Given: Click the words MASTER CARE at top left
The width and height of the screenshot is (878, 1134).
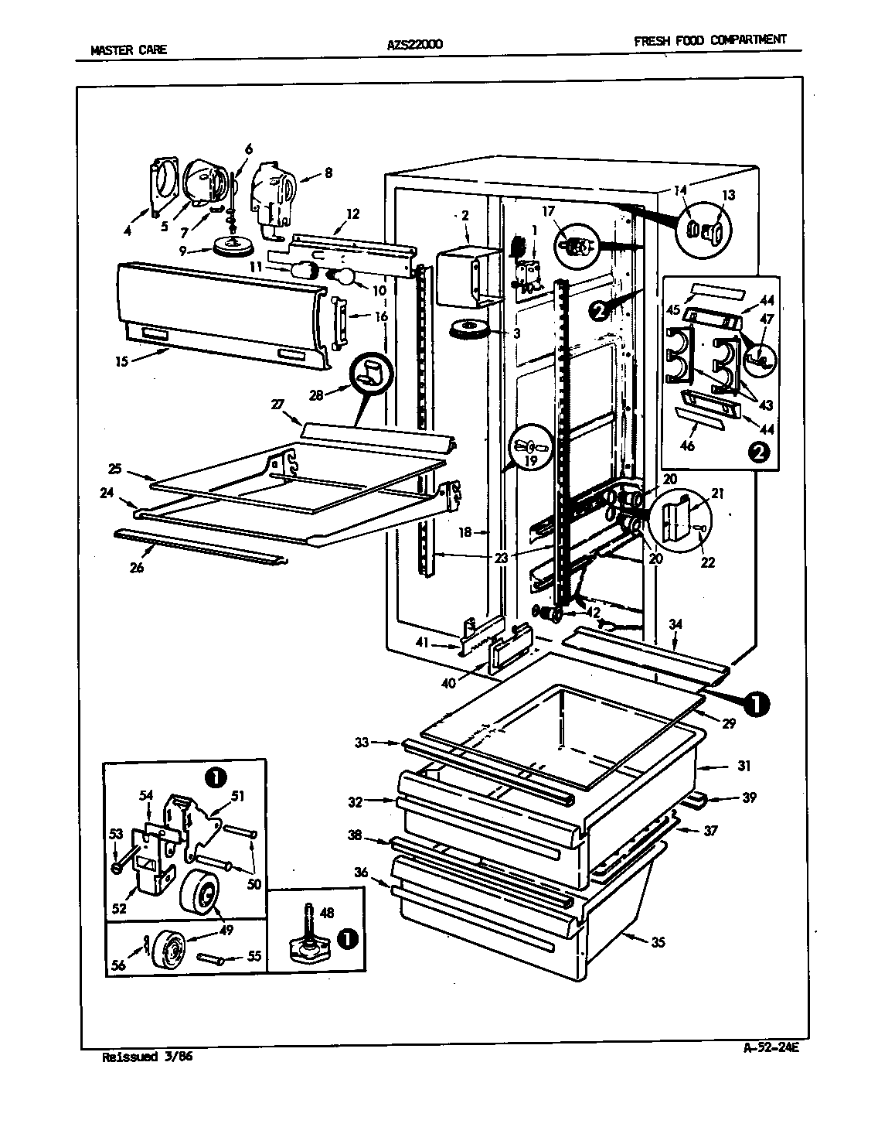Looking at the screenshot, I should (128, 50).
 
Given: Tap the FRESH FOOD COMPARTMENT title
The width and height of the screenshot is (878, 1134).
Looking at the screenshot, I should (710, 40).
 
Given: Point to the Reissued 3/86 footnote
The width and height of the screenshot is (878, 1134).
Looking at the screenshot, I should (146, 1057).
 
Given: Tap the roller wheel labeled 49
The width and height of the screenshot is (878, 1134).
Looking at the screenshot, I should (200, 893).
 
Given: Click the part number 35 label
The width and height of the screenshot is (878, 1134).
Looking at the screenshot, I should (658, 942).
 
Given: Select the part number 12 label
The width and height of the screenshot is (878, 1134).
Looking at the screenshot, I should (352, 213).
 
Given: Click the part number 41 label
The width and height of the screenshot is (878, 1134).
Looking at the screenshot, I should (421, 641).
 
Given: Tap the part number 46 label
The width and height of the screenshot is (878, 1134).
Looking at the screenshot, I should (687, 446).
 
